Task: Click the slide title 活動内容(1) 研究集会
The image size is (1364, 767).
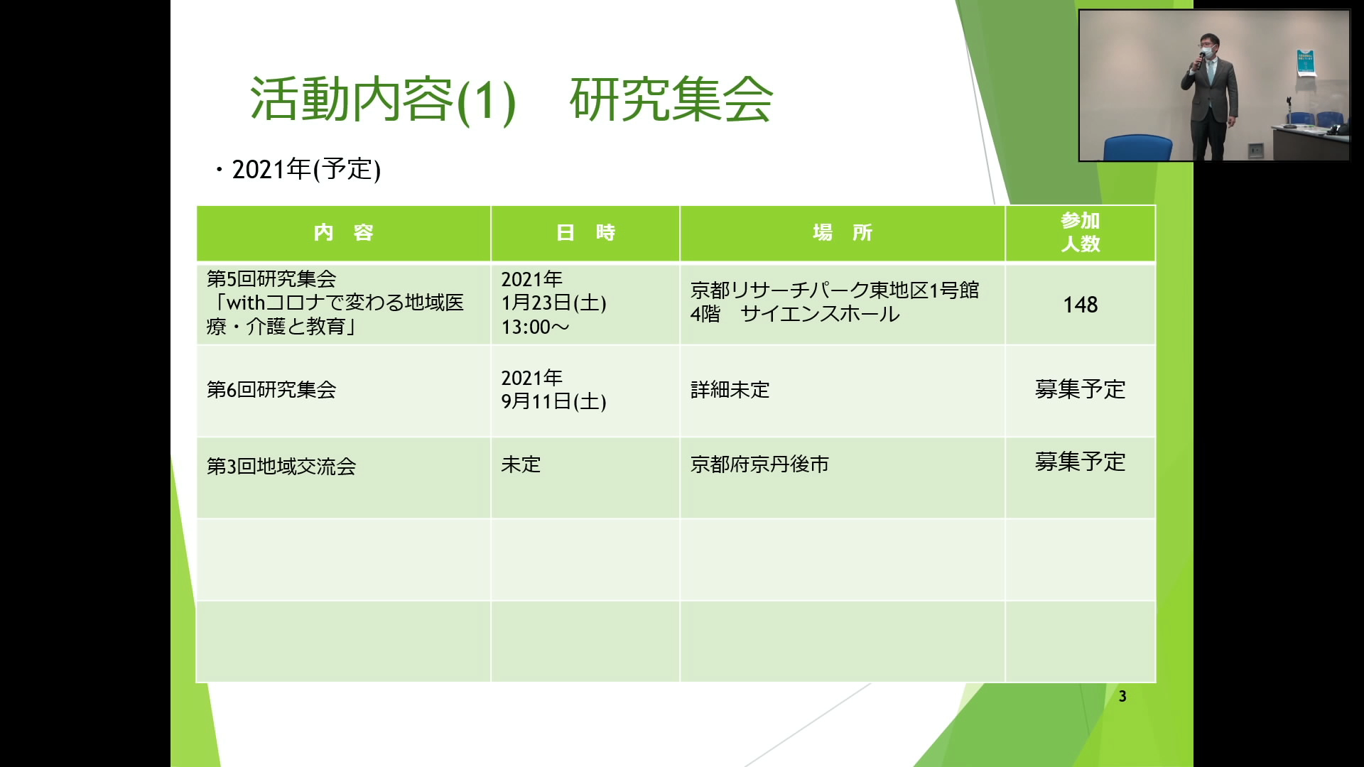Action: pos(511,99)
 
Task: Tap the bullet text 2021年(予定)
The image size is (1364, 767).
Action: pos(306,170)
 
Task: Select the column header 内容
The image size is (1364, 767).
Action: pos(344,232)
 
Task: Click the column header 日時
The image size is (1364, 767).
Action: pos(585,232)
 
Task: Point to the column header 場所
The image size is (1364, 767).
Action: pos(843,232)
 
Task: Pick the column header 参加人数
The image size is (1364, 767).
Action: pos(1081,232)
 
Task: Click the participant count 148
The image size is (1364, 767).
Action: pos(1081,305)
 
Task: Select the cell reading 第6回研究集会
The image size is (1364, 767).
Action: pos(271,389)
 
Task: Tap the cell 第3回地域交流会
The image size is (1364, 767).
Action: pos(281,466)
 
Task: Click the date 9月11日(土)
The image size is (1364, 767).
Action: pos(553,401)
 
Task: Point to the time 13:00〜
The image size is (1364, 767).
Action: pos(535,327)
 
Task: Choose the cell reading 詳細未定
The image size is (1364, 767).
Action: pos(730,389)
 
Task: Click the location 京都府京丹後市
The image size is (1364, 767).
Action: pos(759,464)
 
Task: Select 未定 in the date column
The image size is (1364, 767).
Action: pos(521,464)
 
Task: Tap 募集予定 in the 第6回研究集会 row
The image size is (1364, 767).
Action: pos(1081,389)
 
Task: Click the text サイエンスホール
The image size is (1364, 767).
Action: pos(820,314)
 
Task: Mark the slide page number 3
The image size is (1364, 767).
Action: pos(1122,697)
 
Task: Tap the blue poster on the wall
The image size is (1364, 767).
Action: pos(1306,63)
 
